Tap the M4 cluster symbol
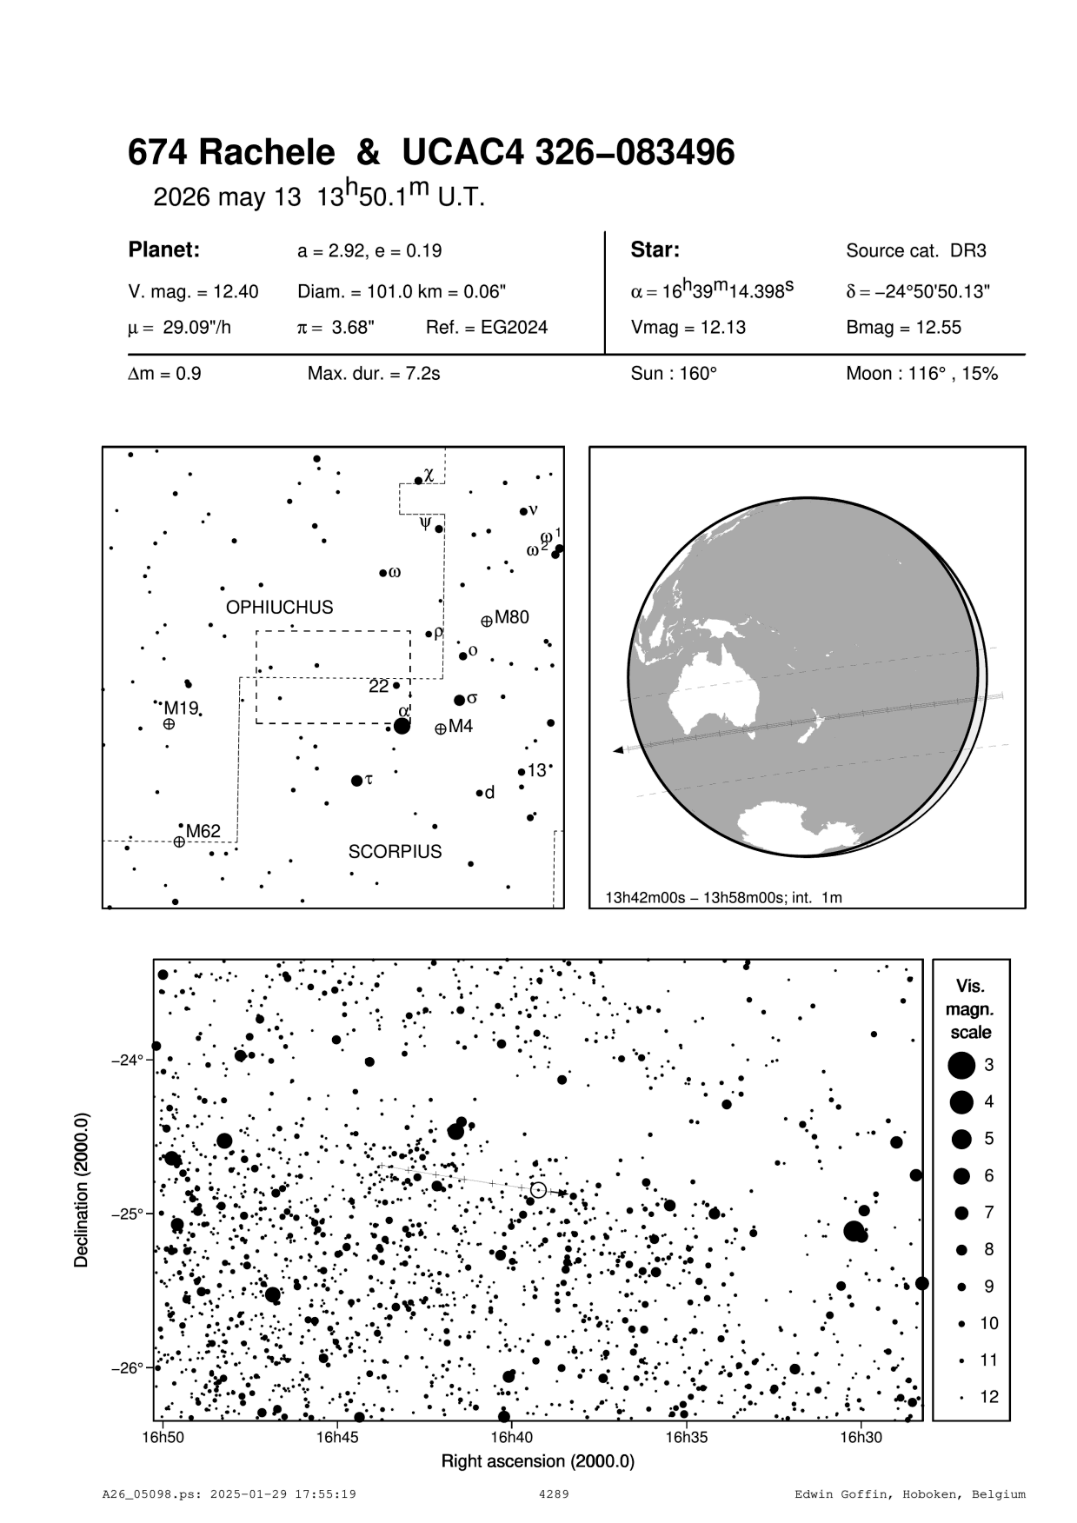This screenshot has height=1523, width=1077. coord(441,728)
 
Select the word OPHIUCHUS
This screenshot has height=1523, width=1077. coord(279,608)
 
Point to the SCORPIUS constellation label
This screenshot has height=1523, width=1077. coord(395,852)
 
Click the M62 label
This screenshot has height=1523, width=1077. coord(203,832)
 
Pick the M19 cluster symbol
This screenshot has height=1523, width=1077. coord(169,723)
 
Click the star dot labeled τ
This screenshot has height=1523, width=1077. coord(356,781)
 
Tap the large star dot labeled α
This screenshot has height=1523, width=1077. coord(402,726)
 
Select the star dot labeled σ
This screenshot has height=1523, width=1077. coord(459,700)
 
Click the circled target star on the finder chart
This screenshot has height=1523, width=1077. coord(538,1189)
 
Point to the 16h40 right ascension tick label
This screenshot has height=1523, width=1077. coord(511,1437)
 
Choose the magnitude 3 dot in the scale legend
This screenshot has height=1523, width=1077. coord(961,1065)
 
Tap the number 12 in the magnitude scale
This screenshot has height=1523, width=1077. coord(989,1397)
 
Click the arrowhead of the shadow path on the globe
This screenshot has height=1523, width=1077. coord(618,749)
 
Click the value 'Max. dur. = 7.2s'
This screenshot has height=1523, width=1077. coord(374,375)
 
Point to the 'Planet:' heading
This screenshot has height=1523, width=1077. coord(164,250)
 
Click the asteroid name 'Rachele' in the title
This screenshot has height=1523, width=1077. coord(267,154)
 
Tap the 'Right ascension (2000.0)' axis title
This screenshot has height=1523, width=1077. coord(538,1461)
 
